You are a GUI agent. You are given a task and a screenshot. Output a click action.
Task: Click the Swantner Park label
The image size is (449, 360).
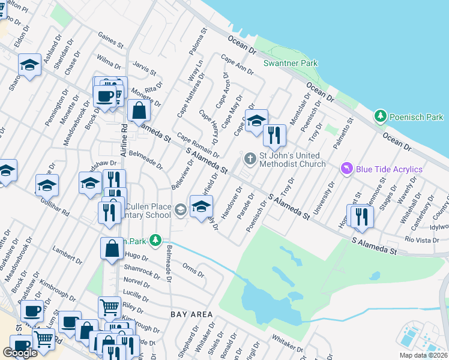tap(291, 63)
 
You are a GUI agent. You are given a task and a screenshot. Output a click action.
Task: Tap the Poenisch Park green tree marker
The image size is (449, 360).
tap(379, 115)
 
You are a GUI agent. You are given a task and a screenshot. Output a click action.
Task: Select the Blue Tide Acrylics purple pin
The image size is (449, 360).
tap(346, 169)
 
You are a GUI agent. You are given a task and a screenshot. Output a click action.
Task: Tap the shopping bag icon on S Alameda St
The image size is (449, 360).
tap(139, 110)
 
